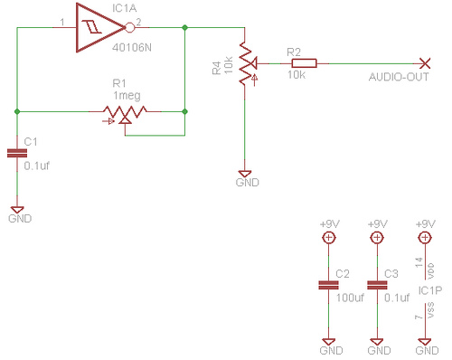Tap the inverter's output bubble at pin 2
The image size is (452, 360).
coord(129,28)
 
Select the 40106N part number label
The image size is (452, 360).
coord(132,48)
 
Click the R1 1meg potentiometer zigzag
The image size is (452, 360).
coord(125,111)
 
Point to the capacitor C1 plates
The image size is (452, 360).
coord(17,153)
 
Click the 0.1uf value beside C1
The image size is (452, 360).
coord(36,166)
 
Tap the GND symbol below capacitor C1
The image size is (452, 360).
coord(17,210)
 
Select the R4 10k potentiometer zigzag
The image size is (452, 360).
coord(245,62)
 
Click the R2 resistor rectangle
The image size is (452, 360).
coord(304,63)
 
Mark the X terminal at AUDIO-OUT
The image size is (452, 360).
coord(425,63)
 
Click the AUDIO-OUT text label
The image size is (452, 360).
coord(399,77)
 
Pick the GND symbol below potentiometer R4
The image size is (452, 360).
coord(245,174)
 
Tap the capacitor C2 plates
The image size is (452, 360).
coord(328,285)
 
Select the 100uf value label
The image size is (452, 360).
coord(350,298)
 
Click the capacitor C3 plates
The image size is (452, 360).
coord(377,285)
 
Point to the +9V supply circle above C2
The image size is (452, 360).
coord(328,238)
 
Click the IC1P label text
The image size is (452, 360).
coord(430,290)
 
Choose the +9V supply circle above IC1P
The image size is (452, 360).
coord(425,238)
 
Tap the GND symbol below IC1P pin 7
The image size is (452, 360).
coord(425,342)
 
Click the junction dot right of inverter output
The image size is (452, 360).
coord(185,28)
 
